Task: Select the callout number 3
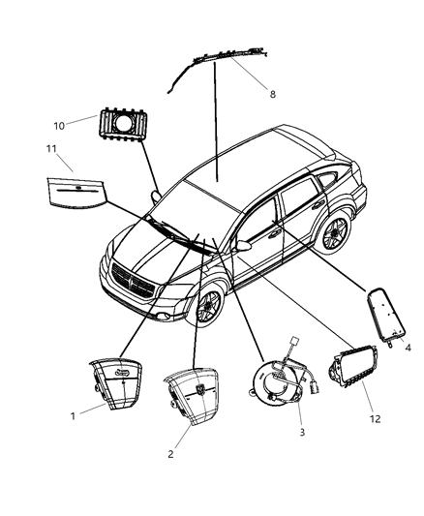(301, 431)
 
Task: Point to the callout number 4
(408, 348)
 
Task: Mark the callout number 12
(374, 419)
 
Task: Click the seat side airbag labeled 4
(390, 317)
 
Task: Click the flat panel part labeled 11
(81, 191)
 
